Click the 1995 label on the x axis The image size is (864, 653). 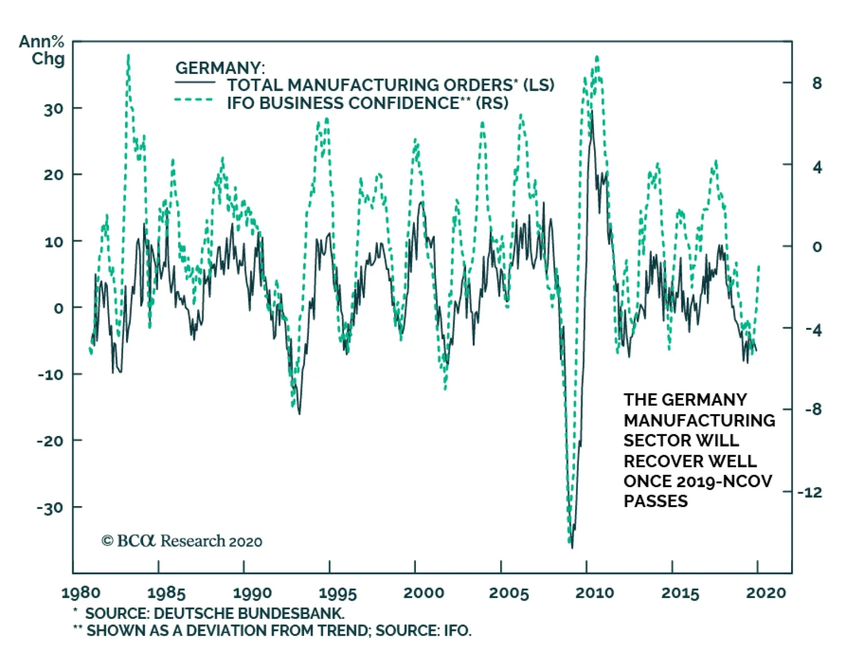click(x=337, y=593)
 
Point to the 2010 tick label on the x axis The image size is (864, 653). click(x=595, y=593)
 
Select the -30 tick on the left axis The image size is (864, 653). click(x=50, y=508)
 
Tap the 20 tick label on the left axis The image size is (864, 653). click(x=53, y=174)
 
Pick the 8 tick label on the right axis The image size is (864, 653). click(x=816, y=83)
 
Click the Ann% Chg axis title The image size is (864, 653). click(x=42, y=50)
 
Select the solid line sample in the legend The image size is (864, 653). click(x=194, y=83)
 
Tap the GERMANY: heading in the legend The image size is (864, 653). click(x=220, y=68)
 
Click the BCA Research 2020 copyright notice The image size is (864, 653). click(x=182, y=541)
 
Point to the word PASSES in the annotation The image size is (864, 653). click(x=656, y=501)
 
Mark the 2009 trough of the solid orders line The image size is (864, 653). click(x=572, y=548)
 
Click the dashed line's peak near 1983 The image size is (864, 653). click(x=128, y=55)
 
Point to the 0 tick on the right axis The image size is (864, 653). click(x=816, y=247)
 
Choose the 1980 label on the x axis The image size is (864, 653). click(x=80, y=593)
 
